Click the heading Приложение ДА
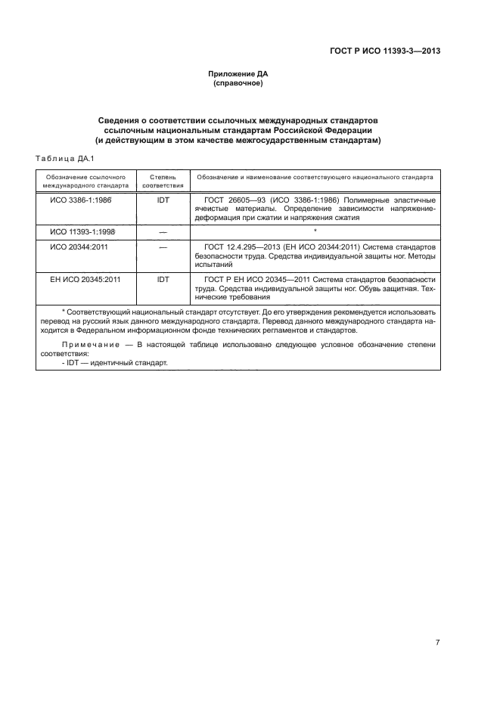coord(238,74)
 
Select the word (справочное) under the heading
coord(238,83)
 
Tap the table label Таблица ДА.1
coord(64,158)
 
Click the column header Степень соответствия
coord(163,180)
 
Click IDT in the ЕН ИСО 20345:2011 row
coord(163,279)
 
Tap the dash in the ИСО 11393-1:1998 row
coord(163,232)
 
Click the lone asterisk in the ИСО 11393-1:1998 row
coord(314,230)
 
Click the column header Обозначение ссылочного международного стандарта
coord(85,180)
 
